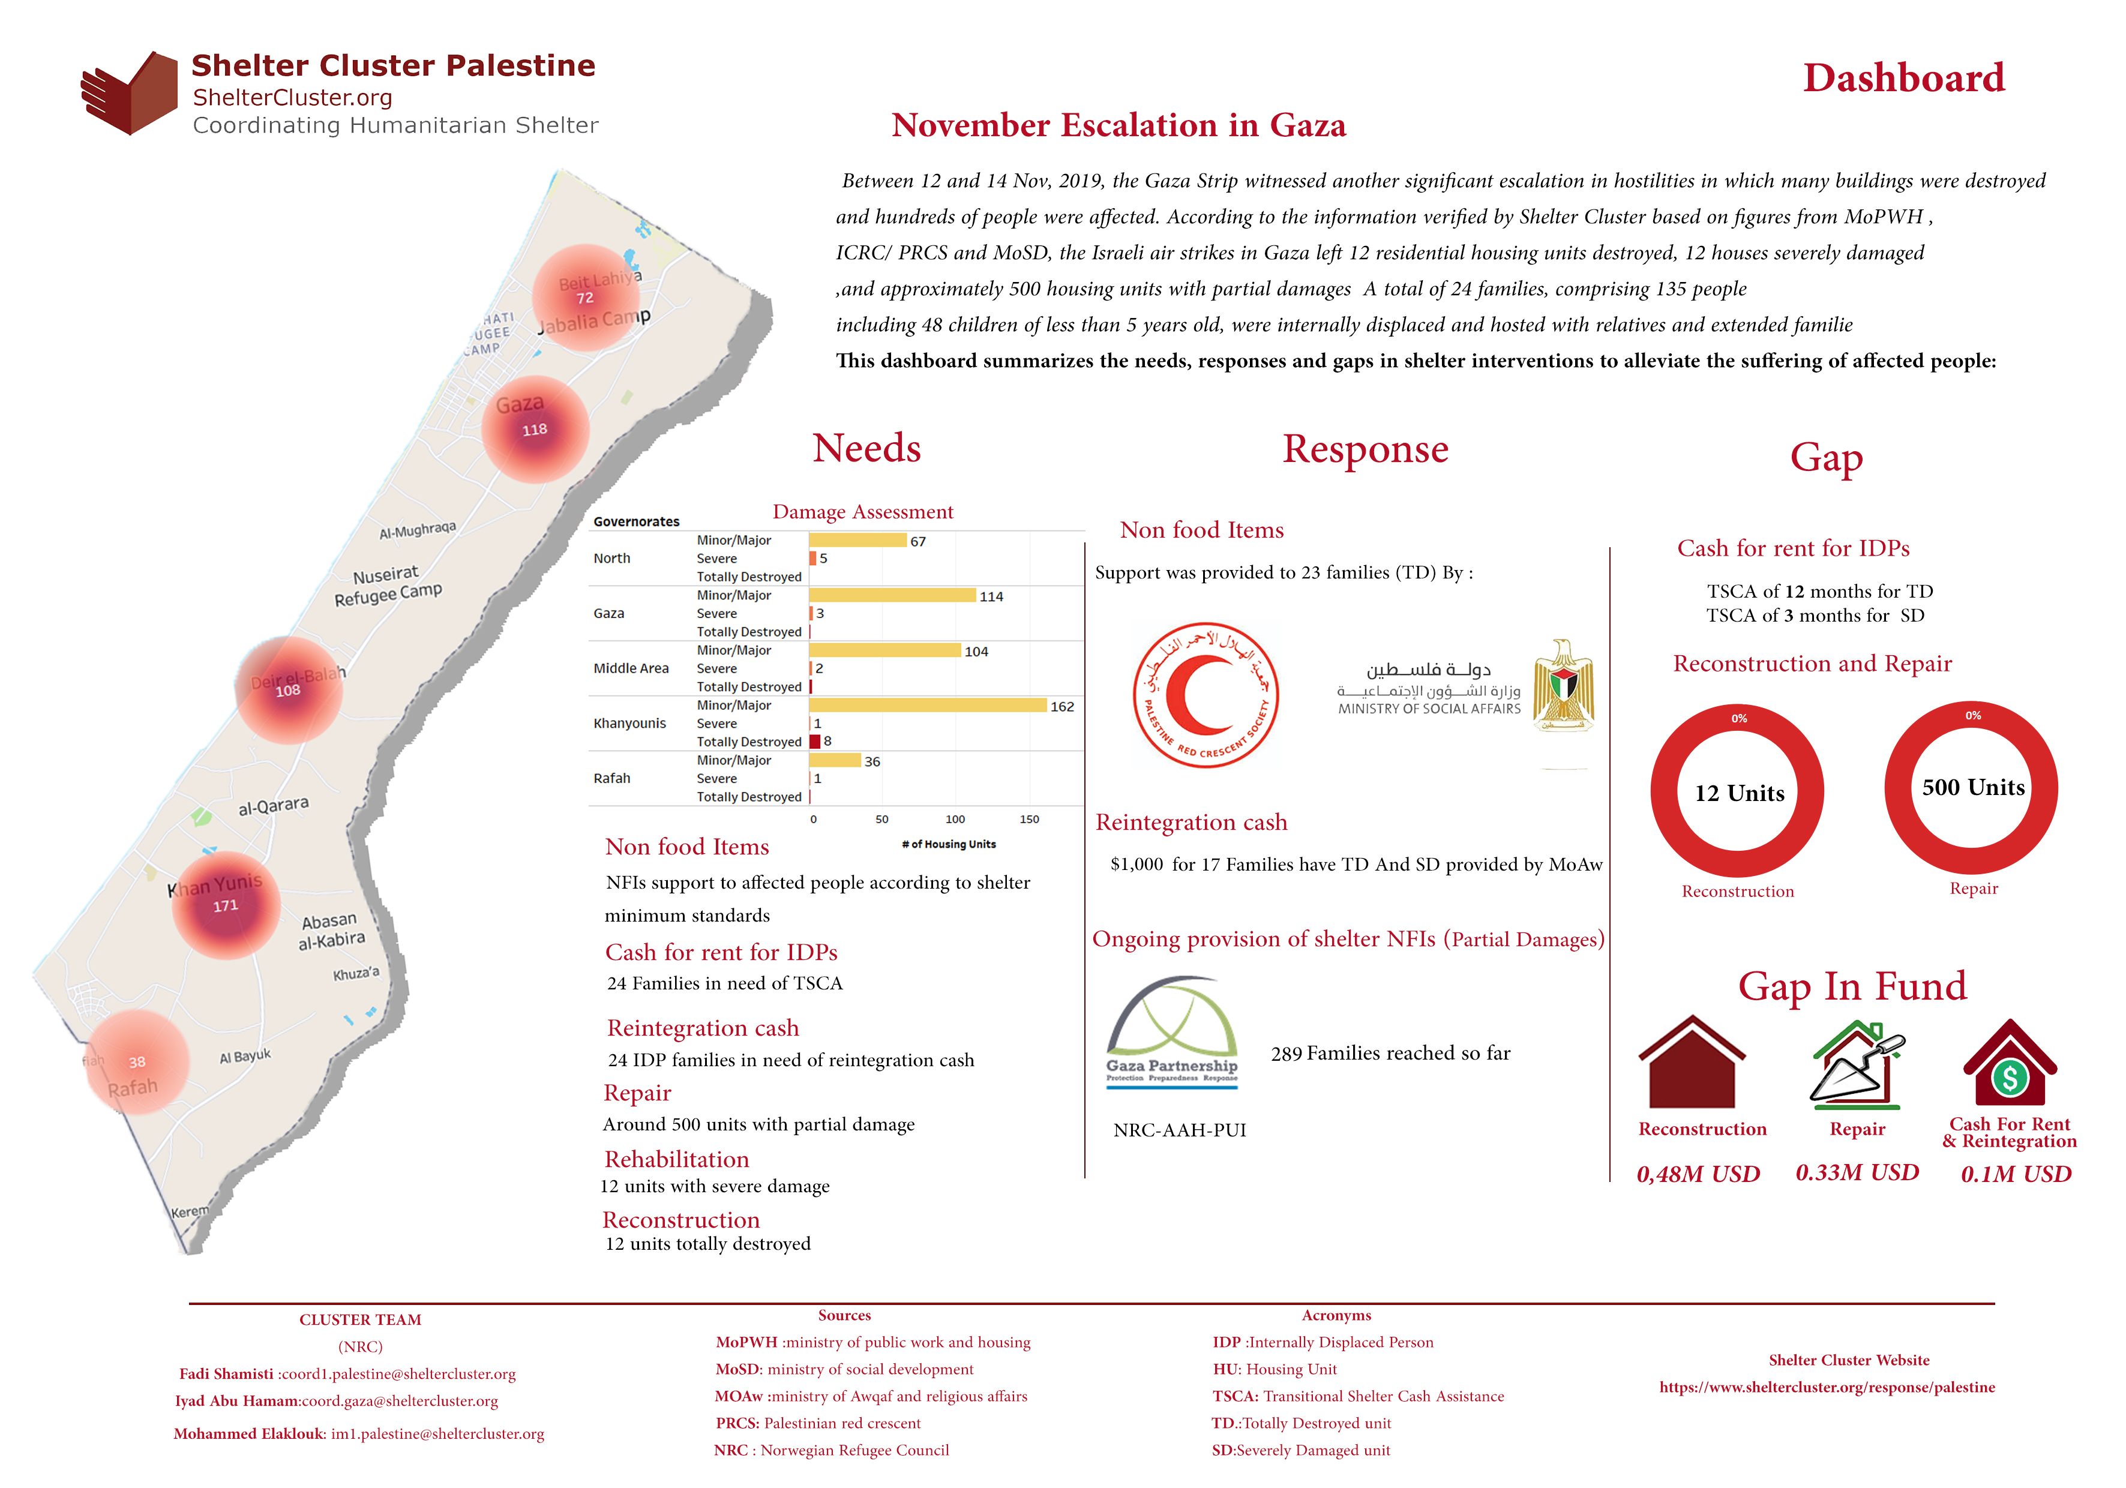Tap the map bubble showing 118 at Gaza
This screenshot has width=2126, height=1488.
(535, 430)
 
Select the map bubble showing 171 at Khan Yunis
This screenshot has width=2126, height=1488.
(226, 905)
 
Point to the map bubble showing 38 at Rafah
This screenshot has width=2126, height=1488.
(137, 1062)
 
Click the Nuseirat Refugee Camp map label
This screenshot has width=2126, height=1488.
(388, 585)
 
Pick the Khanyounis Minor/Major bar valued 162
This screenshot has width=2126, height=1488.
(927, 706)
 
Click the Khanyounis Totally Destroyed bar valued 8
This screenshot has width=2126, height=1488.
(815, 742)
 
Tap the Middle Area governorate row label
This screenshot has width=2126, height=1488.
(631, 668)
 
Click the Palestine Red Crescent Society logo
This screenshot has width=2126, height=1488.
(1206, 694)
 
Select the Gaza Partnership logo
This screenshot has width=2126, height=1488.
(1173, 1031)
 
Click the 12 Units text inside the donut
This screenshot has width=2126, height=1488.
(1739, 794)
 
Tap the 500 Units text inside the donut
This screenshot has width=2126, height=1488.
(1973, 788)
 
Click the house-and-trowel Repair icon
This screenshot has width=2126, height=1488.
(1857, 1065)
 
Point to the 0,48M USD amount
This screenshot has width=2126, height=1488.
(1698, 1174)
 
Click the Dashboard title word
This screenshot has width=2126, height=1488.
(1904, 78)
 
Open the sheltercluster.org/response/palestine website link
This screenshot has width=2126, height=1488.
(1827, 1387)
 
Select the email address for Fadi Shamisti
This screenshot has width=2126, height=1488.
(398, 1374)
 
